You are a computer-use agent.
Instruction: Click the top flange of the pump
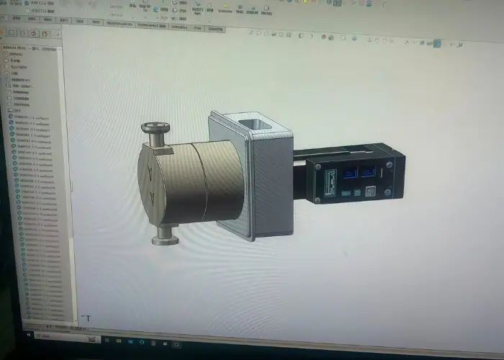click(156, 128)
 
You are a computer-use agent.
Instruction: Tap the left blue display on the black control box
click(351, 173)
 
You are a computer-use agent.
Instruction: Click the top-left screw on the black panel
click(318, 166)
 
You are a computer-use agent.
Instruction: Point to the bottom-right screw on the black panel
click(388, 193)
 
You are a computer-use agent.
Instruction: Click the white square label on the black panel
click(371, 192)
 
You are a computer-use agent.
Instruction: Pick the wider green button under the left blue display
click(346, 194)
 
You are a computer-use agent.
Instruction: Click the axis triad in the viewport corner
click(86, 318)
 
